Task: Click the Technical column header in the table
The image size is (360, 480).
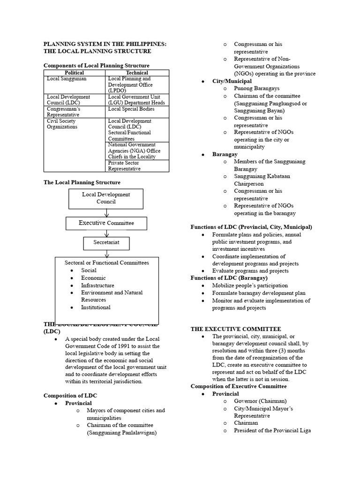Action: coord(137,73)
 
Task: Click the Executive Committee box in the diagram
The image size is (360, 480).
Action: coord(106,223)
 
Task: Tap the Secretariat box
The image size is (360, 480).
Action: coord(106,243)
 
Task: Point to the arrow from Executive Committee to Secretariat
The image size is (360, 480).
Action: coord(107,233)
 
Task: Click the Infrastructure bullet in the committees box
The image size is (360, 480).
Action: coord(97,285)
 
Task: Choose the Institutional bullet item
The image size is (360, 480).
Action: coord(96,307)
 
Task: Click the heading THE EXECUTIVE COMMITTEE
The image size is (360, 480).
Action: coord(235,329)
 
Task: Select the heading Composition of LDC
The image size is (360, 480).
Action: coord(70,396)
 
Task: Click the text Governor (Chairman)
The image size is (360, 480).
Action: coord(260,401)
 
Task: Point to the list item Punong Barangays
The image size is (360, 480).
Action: coord(256,89)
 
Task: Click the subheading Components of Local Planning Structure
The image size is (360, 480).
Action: coord(97,66)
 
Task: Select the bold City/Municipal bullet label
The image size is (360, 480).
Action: coord(232,81)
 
